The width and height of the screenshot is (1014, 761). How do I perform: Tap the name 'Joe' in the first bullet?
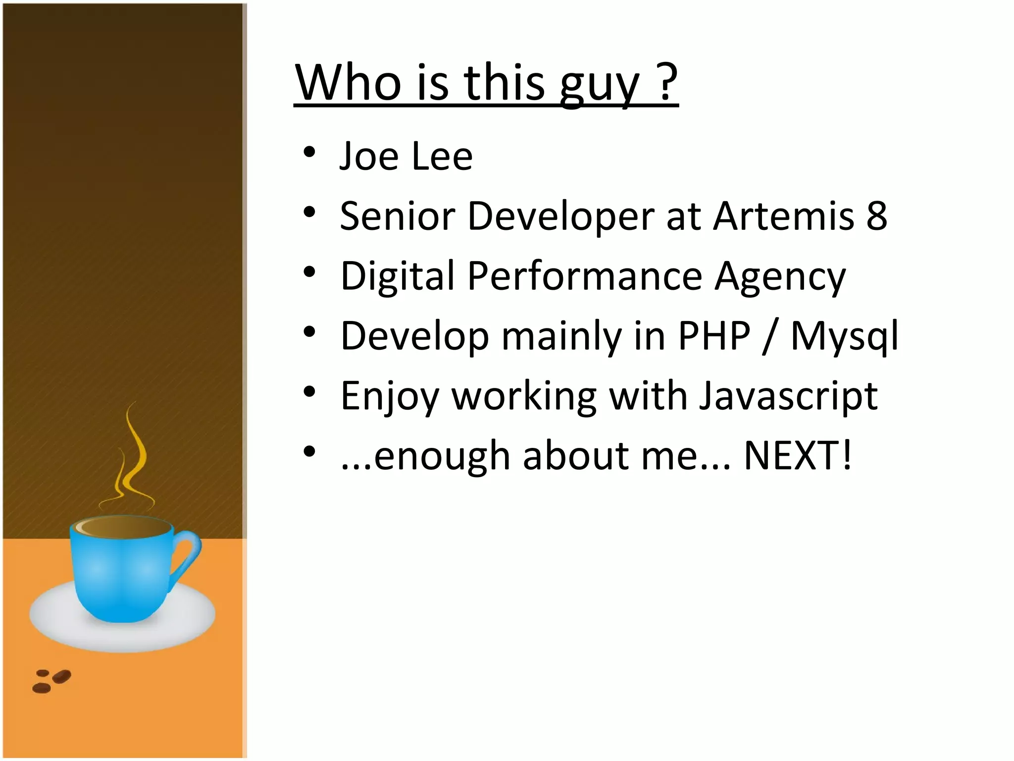pos(369,156)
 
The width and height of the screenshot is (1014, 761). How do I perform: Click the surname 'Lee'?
pos(442,156)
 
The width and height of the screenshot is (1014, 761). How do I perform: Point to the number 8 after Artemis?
pos(877,216)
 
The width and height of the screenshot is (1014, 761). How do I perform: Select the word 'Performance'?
pos(584,276)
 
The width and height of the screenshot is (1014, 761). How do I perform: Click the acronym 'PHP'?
pos(714,336)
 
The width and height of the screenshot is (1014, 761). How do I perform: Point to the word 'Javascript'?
pos(788,397)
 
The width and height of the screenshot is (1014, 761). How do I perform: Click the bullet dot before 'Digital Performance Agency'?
pos(309,272)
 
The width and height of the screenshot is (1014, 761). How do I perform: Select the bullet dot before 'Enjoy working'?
pos(309,392)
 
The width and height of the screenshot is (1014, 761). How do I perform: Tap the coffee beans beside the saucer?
pos(51,681)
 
